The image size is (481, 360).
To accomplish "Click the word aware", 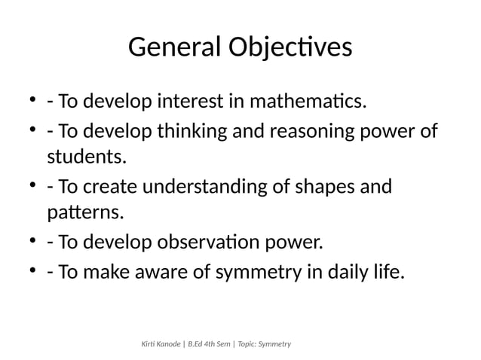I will point(167,271).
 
